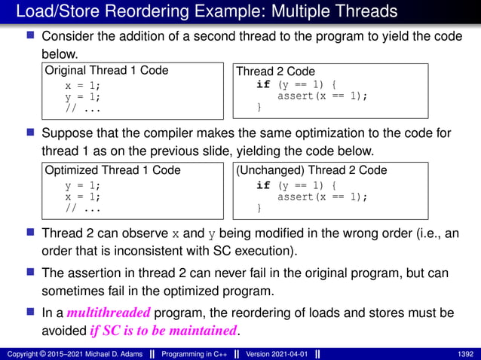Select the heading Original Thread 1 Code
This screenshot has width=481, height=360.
[106, 71]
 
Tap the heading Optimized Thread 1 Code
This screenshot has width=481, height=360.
[112, 170]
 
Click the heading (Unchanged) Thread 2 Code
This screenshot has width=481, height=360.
[311, 170]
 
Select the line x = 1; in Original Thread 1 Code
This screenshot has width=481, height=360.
[81, 85]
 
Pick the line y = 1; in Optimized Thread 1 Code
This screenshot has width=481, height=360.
[81, 185]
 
